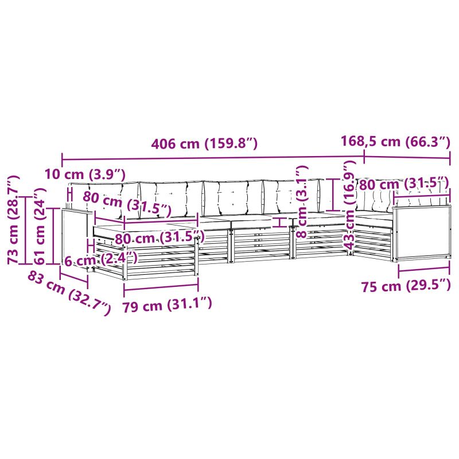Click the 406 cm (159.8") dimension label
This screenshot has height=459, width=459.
[x=204, y=143]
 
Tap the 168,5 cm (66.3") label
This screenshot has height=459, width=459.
[x=395, y=141]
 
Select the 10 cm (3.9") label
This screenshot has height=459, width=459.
[x=85, y=174]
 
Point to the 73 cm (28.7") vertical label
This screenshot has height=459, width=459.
[x=13, y=220]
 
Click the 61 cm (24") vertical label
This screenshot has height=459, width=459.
[x=40, y=226]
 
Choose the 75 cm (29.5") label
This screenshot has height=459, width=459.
[x=406, y=286]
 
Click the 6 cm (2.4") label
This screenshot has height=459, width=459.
[x=101, y=260]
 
